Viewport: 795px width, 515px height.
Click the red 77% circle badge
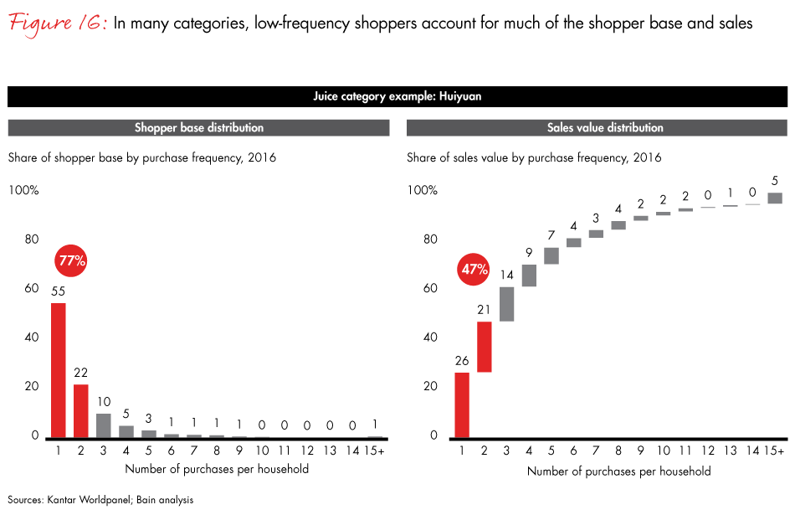tap(72, 260)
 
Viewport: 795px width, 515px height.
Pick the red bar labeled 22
tap(80, 411)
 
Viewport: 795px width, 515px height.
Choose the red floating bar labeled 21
tap(484, 348)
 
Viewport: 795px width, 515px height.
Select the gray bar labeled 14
tap(506, 304)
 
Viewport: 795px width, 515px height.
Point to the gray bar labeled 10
tap(103, 425)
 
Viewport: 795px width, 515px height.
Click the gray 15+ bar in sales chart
tap(775, 198)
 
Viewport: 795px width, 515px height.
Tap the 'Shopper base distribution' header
tap(198, 128)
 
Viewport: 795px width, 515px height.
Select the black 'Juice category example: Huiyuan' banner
tap(397, 97)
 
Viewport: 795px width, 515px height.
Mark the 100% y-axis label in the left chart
tap(23, 190)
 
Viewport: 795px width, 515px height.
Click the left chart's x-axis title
tap(217, 468)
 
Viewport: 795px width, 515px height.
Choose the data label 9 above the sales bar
tap(529, 251)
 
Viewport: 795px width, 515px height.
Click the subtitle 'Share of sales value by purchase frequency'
tap(534, 157)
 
